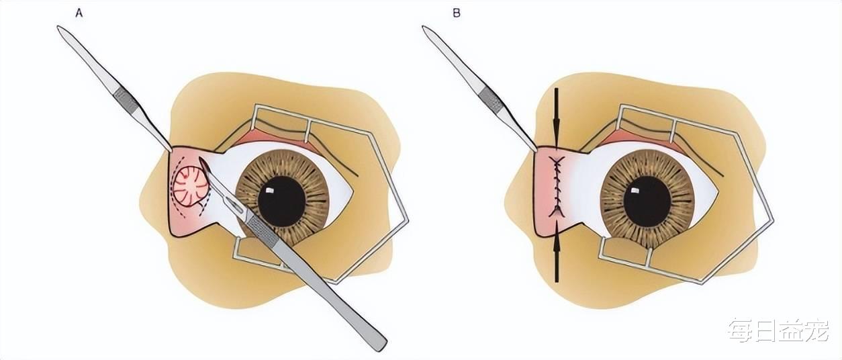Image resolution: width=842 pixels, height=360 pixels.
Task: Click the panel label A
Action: click(x=79, y=12)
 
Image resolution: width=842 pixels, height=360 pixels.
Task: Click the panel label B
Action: click(x=457, y=12)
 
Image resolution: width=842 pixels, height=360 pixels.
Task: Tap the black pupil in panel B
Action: click(x=647, y=200)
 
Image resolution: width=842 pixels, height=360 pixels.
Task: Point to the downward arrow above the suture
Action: click(x=557, y=118)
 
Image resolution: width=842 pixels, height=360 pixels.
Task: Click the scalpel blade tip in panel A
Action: click(x=201, y=161)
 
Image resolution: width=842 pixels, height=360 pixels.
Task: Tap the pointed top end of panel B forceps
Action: click(x=425, y=28)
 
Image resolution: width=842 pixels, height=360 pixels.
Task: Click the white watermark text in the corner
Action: click(x=779, y=330)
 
